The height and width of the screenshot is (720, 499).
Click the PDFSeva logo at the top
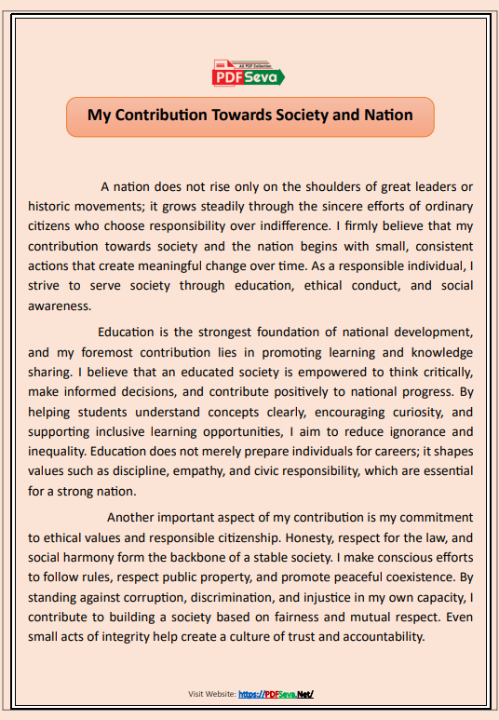[x=249, y=75]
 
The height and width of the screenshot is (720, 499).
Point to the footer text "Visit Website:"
[x=211, y=694]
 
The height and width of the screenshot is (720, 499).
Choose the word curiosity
[x=402, y=411]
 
